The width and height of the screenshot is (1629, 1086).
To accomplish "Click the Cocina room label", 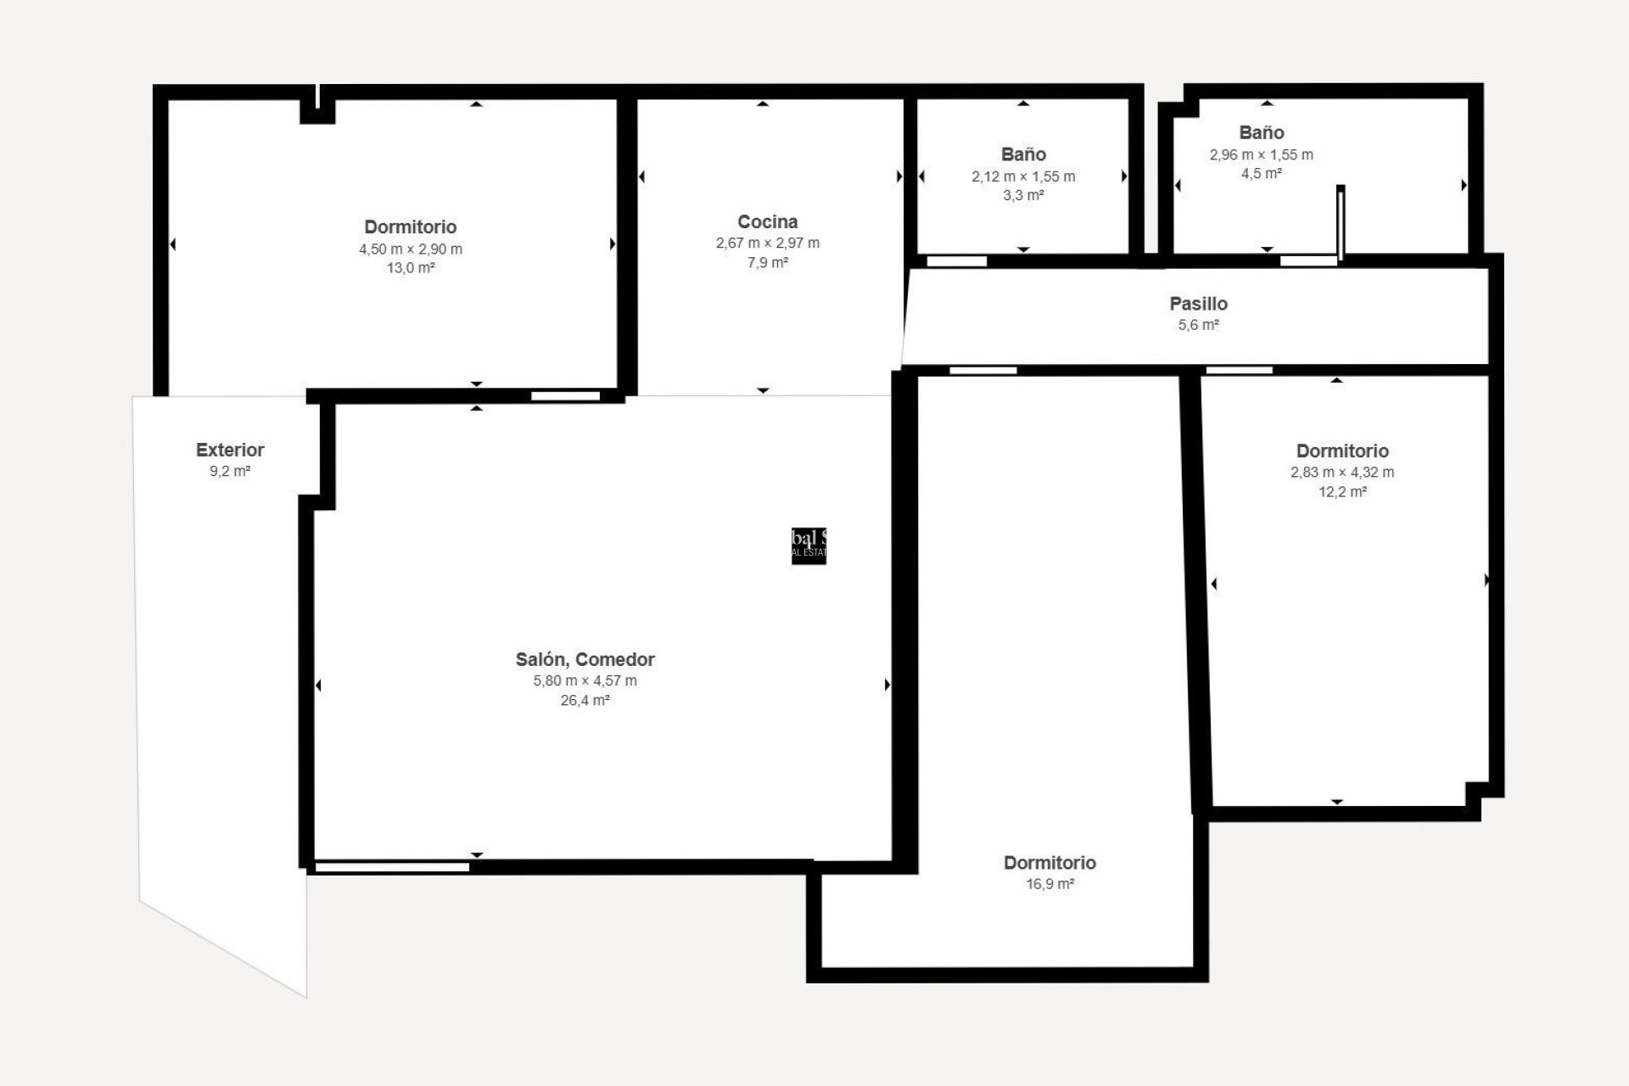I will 767,221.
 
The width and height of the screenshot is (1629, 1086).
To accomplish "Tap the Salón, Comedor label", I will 585,659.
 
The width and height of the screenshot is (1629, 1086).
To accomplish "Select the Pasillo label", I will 1198,304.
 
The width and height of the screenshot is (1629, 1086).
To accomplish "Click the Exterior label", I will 230,450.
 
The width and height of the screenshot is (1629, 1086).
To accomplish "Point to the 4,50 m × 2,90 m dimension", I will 410,249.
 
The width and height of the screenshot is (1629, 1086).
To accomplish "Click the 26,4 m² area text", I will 585,701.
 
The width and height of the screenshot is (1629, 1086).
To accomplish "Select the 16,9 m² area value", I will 1050,884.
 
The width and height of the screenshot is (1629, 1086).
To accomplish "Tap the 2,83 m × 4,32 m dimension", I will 1341,473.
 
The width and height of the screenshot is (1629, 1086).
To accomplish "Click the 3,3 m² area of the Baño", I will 1022,195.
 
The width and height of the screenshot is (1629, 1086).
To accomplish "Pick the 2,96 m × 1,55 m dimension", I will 1261,154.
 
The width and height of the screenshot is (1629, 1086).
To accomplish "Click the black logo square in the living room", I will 809,546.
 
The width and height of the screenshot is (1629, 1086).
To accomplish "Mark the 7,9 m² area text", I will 767,263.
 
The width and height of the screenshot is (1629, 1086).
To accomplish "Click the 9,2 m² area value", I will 230,471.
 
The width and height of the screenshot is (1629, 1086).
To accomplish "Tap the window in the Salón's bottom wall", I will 392,867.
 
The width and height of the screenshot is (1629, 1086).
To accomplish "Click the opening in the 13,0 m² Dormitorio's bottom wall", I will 565,395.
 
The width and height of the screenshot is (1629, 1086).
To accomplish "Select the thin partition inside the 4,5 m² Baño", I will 1341,222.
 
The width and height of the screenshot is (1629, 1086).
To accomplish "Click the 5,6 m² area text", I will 1198,325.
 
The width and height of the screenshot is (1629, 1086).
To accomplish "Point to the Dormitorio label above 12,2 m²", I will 1341,451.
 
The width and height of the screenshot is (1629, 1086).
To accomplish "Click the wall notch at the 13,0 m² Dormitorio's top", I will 317,109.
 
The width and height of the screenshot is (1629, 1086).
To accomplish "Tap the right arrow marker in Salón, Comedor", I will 887,685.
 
